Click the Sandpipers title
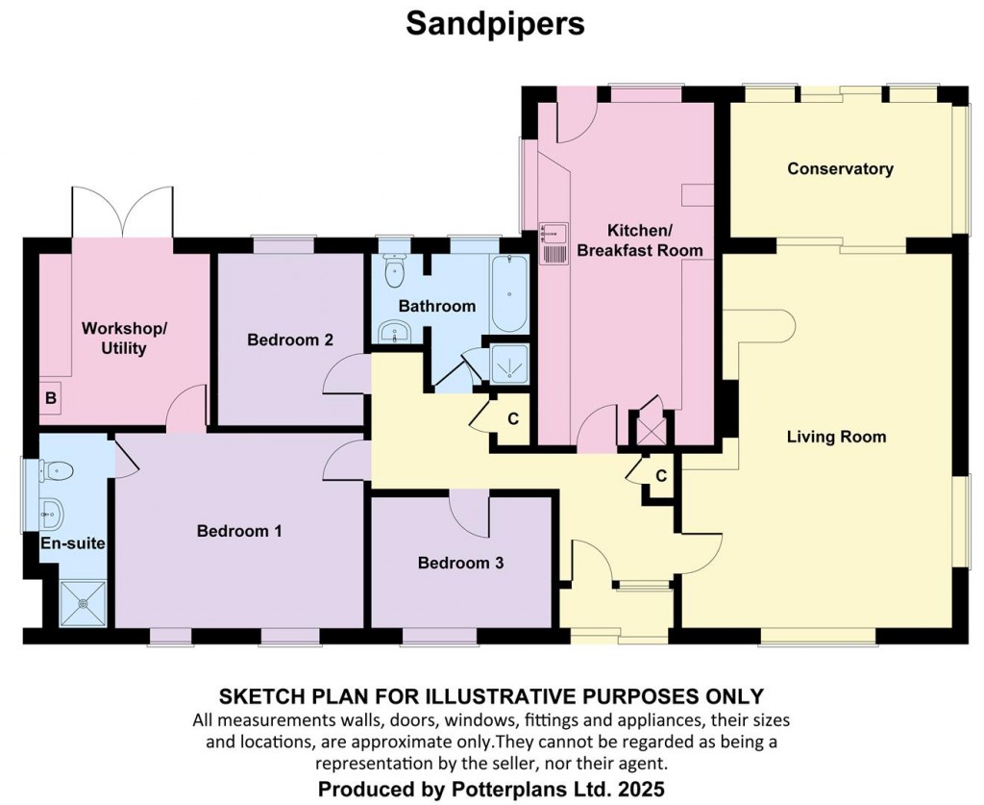click(x=495, y=24)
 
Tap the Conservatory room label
click(x=840, y=168)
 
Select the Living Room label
click(x=837, y=437)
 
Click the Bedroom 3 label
click(x=460, y=563)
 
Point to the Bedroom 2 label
click(x=290, y=340)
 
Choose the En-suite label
click(x=73, y=543)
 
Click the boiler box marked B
click(x=51, y=398)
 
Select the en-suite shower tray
click(x=84, y=603)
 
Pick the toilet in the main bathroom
click(x=393, y=270)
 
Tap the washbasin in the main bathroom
click(x=394, y=332)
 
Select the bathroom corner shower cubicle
click(x=509, y=364)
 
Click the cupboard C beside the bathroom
click(x=513, y=418)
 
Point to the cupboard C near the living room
click(x=661, y=476)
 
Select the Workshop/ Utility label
click(x=124, y=339)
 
